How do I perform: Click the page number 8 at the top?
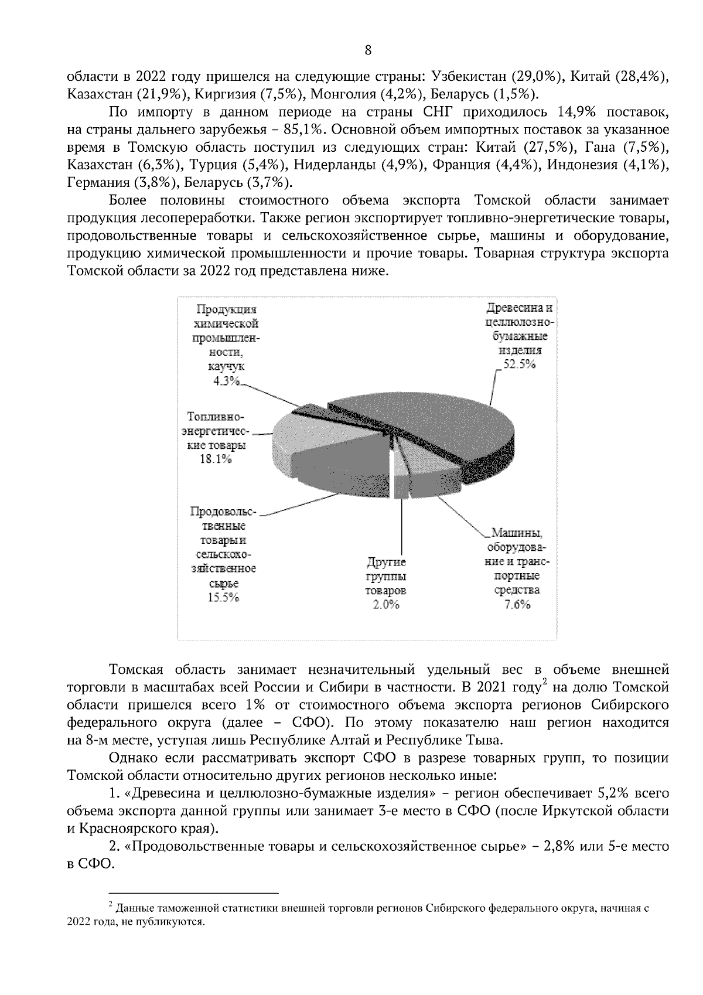pyautogui.click(x=368, y=50)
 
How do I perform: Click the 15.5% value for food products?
pyautogui.click(x=224, y=598)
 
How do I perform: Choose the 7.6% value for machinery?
pyautogui.click(x=517, y=605)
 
